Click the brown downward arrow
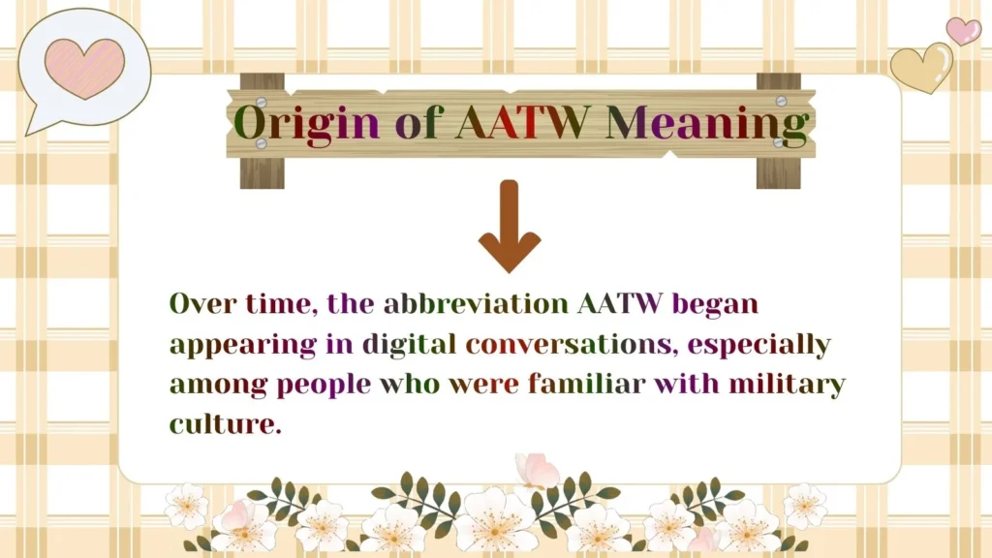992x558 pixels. [x=510, y=226]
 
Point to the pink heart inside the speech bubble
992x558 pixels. [x=85, y=67]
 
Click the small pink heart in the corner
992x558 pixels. [x=963, y=30]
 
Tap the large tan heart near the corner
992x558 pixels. [x=921, y=68]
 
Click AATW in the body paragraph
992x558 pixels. [x=620, y=303]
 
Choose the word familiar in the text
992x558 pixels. [x=586, y=384]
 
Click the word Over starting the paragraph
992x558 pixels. [x=199, y=303]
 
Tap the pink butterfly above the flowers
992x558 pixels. [x=537, y=471]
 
